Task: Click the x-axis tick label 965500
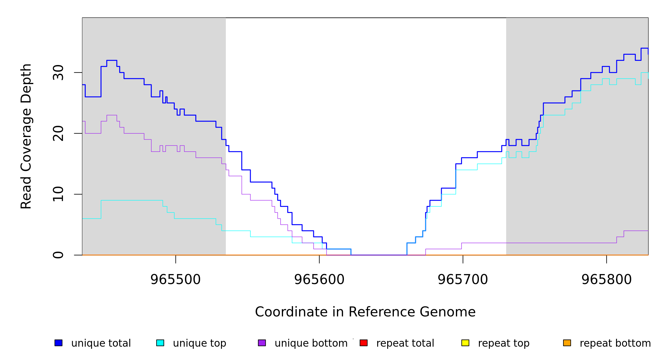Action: point(176,280)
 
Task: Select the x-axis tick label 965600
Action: point(319,280)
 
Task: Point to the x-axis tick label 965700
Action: point(463,280)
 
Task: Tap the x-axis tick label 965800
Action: point(606,280)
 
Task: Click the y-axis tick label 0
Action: point(58,255)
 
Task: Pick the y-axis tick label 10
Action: point(58,194)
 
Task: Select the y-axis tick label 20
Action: point(58,133)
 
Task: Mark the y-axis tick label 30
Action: point(58,73)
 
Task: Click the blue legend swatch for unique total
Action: point(58,343)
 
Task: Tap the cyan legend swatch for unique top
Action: point(160,343)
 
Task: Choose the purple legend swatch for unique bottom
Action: point(262,343)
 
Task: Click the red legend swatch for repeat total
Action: point(364,343)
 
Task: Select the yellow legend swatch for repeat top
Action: point(465,343)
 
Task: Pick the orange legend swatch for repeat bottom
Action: point(567,343)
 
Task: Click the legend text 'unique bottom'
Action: point(311,343)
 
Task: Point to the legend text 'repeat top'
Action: point(503,343)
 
